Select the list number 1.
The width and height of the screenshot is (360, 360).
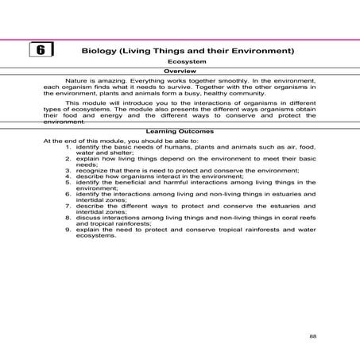68,148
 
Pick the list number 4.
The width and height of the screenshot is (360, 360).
68,176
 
